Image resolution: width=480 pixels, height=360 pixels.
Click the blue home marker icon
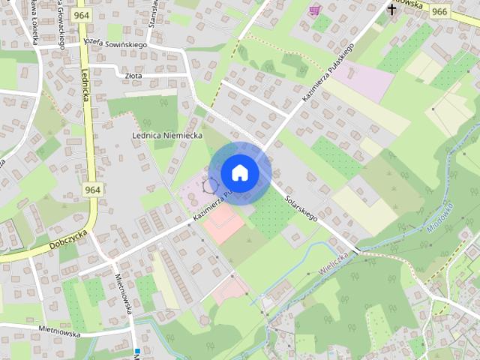click(240, 172)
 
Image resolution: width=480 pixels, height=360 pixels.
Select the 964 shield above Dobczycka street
click(92, 190)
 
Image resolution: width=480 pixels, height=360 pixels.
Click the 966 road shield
click(439, 10)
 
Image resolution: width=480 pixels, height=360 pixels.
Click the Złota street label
click(135, 76)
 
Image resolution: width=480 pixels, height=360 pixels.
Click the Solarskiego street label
click(302, 208)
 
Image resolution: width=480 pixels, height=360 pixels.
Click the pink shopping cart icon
click(314, 10)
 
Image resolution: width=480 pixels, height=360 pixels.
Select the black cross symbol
click(391, 9)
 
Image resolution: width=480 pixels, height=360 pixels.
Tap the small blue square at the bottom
click(137, 350)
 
